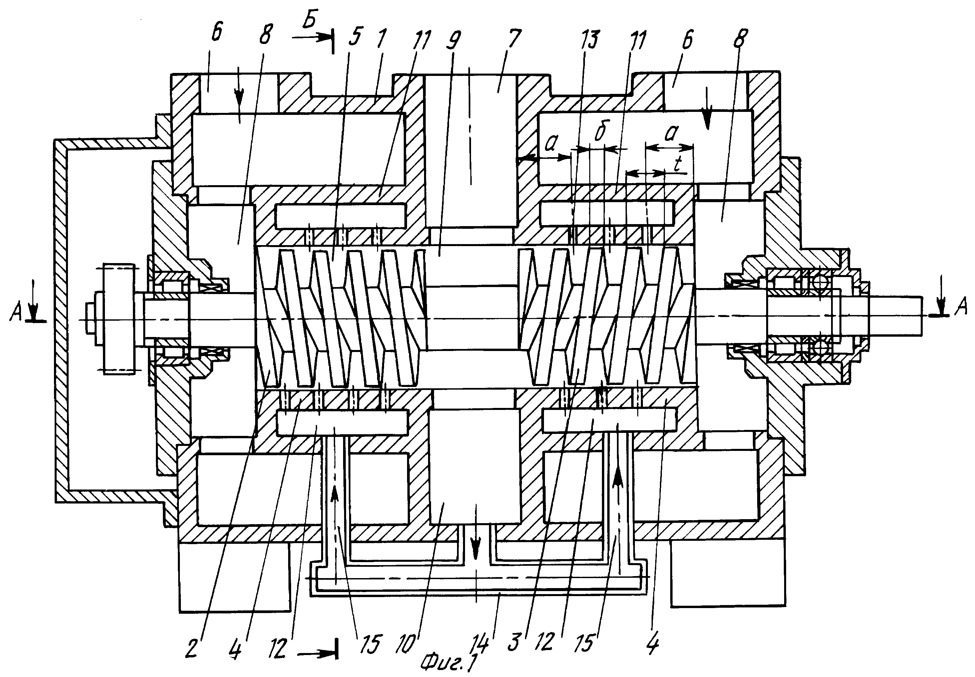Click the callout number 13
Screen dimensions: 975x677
point(589,39)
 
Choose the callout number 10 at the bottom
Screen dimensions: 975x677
point(406,644)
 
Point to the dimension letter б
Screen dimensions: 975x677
point(600,132)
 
